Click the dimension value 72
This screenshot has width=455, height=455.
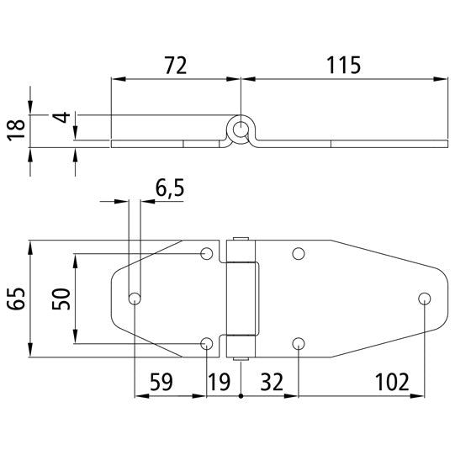click(174, 64)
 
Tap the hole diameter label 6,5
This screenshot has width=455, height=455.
click(170, 189)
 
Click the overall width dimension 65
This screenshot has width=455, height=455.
click(15, 299)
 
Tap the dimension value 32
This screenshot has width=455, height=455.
click(272, 382)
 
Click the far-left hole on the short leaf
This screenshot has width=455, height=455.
click(134, 299)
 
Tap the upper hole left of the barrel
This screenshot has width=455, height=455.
click(207, 254)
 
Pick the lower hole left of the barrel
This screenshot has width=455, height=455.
click(207, 342)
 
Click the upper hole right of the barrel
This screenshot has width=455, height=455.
click(298, 254)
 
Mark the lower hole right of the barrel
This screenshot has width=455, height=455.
click(298, 342)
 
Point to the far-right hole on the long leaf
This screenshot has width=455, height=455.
click(425, 299)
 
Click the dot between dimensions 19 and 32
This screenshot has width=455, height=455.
click(241, 395)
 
